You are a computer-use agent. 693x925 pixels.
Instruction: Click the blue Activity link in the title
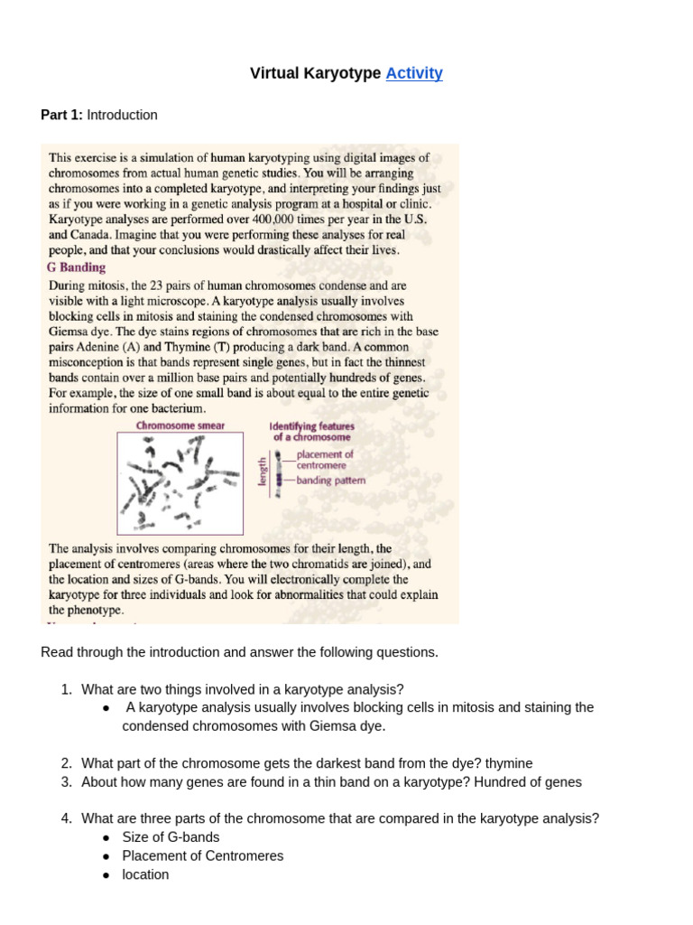(x=413, y=74)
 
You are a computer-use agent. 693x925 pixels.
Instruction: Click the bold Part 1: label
(x=61, y=115)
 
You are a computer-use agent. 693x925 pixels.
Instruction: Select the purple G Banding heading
(x=76, y=267)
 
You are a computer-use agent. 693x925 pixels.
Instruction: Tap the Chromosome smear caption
(x=180, y=425)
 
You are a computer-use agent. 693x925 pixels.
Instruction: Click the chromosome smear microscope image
(x=180, y=483)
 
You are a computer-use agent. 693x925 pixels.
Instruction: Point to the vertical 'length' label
(x=263, y=471)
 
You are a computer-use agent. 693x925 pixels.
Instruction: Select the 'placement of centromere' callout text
(x=325, y=460)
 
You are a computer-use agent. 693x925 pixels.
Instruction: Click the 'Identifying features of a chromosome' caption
(x=312, y=431)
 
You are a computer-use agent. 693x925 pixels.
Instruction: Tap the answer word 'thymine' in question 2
(x=508, y=763)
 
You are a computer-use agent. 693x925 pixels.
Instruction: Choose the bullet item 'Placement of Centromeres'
(x=202, y=855)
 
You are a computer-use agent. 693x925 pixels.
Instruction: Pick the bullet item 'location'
(x=145, y=874)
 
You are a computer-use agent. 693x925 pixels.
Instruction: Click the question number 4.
(x=66, y=818)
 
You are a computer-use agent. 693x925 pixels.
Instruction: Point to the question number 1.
(x=66, y=689)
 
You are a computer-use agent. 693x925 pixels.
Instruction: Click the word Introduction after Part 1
(x=122, y=115)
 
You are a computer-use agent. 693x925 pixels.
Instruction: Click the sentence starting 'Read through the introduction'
(x=239, y=652)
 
